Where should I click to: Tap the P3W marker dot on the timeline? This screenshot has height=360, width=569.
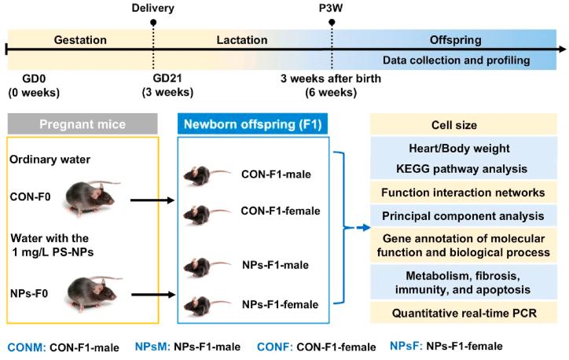(332, 23)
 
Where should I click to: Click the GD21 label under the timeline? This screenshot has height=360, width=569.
(171, 79)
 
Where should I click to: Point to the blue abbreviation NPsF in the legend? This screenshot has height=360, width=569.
(410, 345)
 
